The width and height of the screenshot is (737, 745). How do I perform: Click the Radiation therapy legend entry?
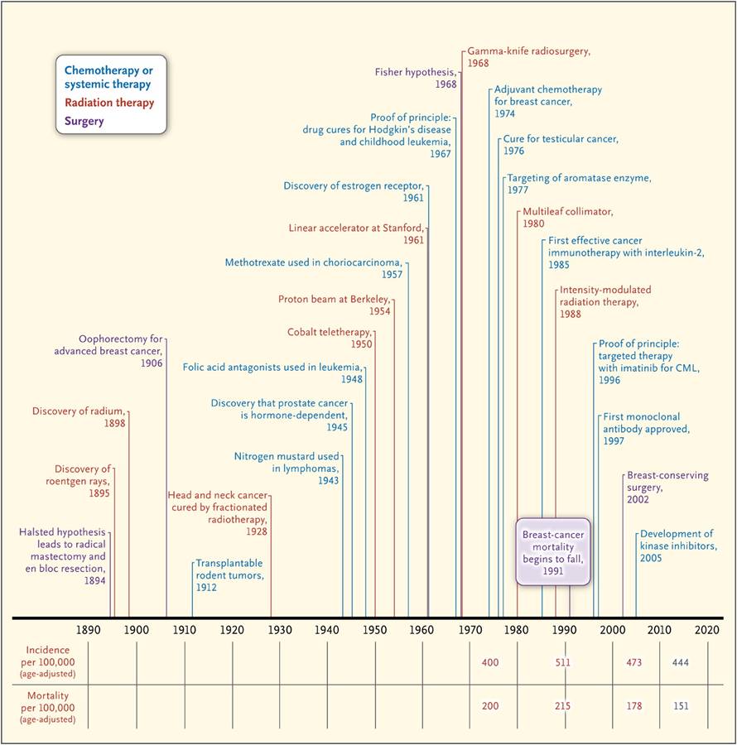(x=109, y=103)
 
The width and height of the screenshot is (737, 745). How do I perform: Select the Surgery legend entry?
(x=84, y=121)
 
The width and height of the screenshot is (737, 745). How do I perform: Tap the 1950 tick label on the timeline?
(x=374, y=630)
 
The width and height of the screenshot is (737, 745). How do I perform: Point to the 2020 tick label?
(x=707, y=630)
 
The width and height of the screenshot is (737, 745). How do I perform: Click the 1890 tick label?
(x=89, y=630)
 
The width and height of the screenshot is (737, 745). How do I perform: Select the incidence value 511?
(x=562, y=662)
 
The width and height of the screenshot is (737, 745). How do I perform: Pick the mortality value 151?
(x=681, y=706)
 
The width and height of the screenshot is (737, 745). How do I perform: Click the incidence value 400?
(x=490, y=662)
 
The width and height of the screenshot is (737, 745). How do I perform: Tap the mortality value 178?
(x=633, y=706)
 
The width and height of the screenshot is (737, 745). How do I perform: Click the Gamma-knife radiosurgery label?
(x=529, y=57)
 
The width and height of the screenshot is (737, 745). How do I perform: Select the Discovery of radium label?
(x=79, y=417)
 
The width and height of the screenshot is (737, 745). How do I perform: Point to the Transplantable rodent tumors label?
(x=230, y=575)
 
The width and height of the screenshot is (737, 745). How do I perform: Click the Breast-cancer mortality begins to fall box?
(x=553, y=551)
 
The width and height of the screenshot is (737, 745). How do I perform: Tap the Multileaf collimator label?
(x=568, y=218)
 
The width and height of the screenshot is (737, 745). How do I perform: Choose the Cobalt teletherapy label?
(x=330, y=338)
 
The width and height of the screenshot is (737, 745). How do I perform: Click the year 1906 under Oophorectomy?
(x=152, y=363)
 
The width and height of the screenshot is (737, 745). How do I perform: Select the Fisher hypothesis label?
(x=416, y=78)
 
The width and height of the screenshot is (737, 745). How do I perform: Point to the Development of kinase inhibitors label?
(x=678, y=546)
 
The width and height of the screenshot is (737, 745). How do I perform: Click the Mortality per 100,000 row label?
(x=47, y=708)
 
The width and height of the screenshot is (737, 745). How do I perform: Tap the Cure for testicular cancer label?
(x=561, y=145)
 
